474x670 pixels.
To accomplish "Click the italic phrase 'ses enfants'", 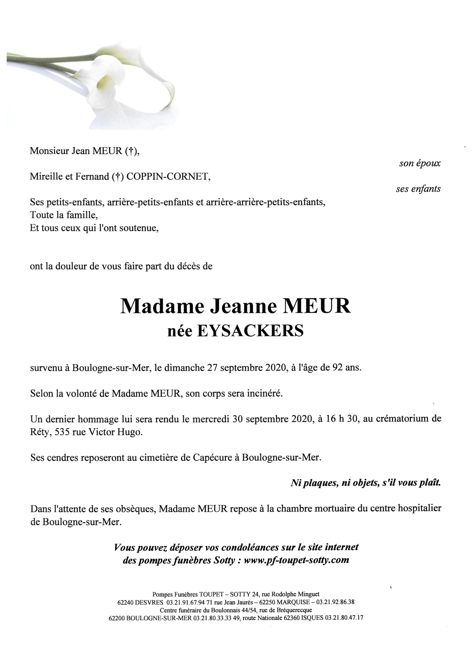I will [418, 189].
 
